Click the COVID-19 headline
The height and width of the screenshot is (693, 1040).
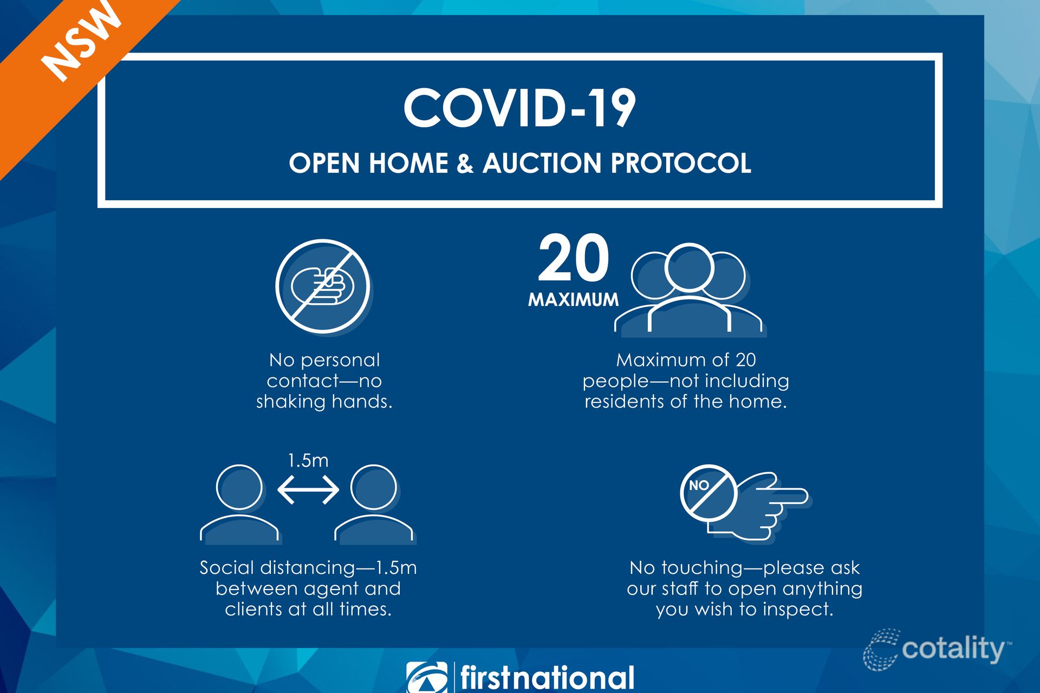click(519, 108)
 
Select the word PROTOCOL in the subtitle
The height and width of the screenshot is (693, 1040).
click(681, 163)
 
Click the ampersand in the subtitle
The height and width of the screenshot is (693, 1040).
click(465, 163)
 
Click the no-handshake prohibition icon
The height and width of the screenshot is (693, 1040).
click(323, 286)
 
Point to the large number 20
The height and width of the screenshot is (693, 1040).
click(574, 258)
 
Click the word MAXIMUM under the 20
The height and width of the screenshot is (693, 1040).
click(573, 299)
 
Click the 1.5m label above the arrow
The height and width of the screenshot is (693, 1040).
click(308, 460)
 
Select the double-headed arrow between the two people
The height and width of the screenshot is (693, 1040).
click(308, 489)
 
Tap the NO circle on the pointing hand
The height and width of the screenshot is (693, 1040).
click(708, 493)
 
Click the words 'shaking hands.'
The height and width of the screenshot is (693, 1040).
click(324, 402)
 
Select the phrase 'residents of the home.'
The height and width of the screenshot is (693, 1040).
click(685, 402)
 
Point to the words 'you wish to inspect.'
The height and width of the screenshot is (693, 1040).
click(744, 610)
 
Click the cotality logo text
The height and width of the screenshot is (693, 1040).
click(953, 649)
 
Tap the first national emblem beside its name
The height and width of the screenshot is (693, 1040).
click(427, 677)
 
